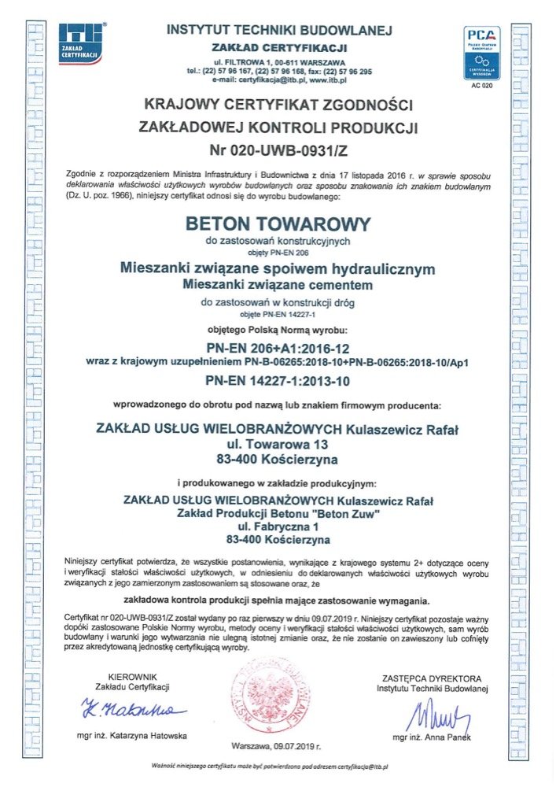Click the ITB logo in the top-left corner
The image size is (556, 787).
(82, 44)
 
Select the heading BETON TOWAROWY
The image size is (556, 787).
(277, 224)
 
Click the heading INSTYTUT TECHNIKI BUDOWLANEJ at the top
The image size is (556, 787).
(279, 30)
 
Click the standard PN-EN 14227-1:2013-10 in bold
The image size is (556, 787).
(278, 381)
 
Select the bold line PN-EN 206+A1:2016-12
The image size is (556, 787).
(278, 348)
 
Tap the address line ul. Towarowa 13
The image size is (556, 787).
(278, 444)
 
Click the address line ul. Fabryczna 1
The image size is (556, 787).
(277, 527)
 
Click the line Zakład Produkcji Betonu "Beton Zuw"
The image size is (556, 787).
(277, 513)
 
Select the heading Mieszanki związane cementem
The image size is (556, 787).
(277, 283)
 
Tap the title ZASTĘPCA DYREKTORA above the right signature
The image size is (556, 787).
(432, 678)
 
